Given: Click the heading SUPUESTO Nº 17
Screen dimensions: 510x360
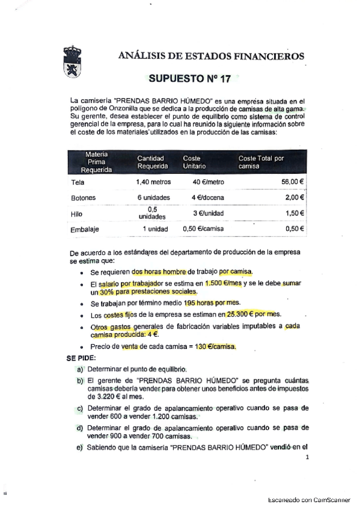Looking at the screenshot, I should point(189,78).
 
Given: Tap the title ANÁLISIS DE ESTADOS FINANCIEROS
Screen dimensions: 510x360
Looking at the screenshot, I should point(212,57).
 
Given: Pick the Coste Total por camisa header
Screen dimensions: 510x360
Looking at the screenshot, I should point(261,162).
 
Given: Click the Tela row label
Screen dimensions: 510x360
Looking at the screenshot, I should point(77,182).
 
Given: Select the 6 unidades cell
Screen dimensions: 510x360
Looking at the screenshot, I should point(153,197).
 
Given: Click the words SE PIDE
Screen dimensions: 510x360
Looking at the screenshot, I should point(81,357).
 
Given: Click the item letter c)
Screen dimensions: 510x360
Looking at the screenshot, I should point(80,408).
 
